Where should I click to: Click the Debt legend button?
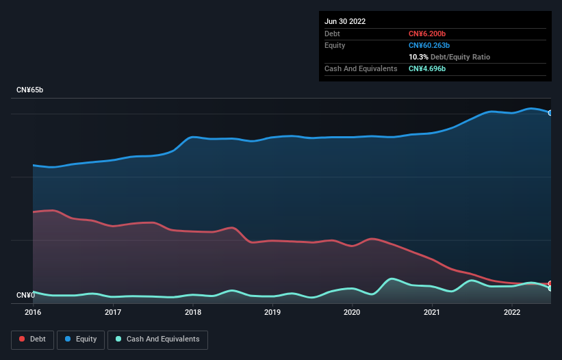coord(32,339)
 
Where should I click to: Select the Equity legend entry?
coord(81,339)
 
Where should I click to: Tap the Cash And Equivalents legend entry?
coord(157,339)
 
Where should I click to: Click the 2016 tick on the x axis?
coord(33,313)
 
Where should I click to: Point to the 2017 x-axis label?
coord(113,313)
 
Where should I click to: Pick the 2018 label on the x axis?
coord(193,313)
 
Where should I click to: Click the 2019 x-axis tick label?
coord(272,313)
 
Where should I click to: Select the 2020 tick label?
coord(352,313)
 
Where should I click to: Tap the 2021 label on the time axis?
coord(432,313)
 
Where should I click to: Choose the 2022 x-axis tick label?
coord(512,313)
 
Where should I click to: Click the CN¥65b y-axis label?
coord(30,90)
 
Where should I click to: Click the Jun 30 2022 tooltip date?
coord(345,21)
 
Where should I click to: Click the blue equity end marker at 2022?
coord(550,113)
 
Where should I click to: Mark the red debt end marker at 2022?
coord(550,283)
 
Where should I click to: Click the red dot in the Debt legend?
coord(22,339)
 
